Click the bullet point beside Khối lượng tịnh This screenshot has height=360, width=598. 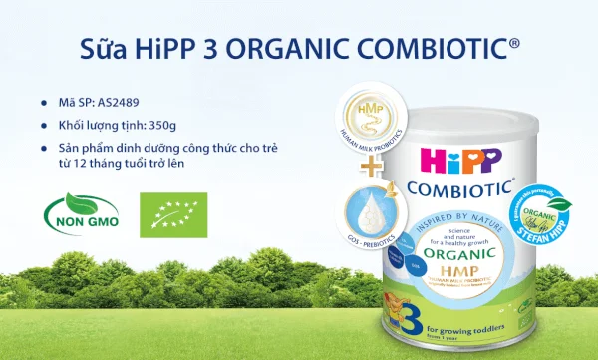44,127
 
